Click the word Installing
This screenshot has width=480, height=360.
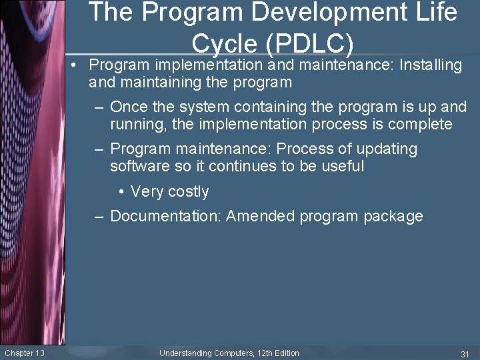431,65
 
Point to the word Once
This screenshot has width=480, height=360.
130,107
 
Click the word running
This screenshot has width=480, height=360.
137,125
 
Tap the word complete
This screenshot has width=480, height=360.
420,125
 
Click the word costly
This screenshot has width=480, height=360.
188,191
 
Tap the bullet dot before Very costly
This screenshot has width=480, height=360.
122,191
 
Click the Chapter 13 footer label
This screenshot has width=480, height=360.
25,353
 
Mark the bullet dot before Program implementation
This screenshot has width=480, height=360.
80,65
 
